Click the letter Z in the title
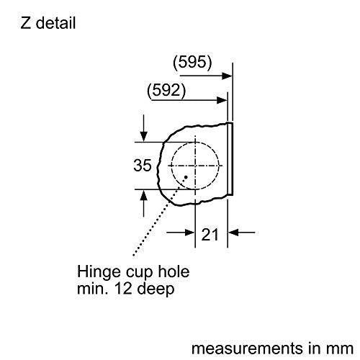click(26, 23)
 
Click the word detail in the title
click(55, 23)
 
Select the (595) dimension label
click(192, 62)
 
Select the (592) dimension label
click(166, 91)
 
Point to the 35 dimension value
click(143, 166)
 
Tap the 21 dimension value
click(210, 235)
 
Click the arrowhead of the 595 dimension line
click(227, 76)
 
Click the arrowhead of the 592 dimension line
click(222, 100)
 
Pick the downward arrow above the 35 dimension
click(143, 128)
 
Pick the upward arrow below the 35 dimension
click(143, 203)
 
